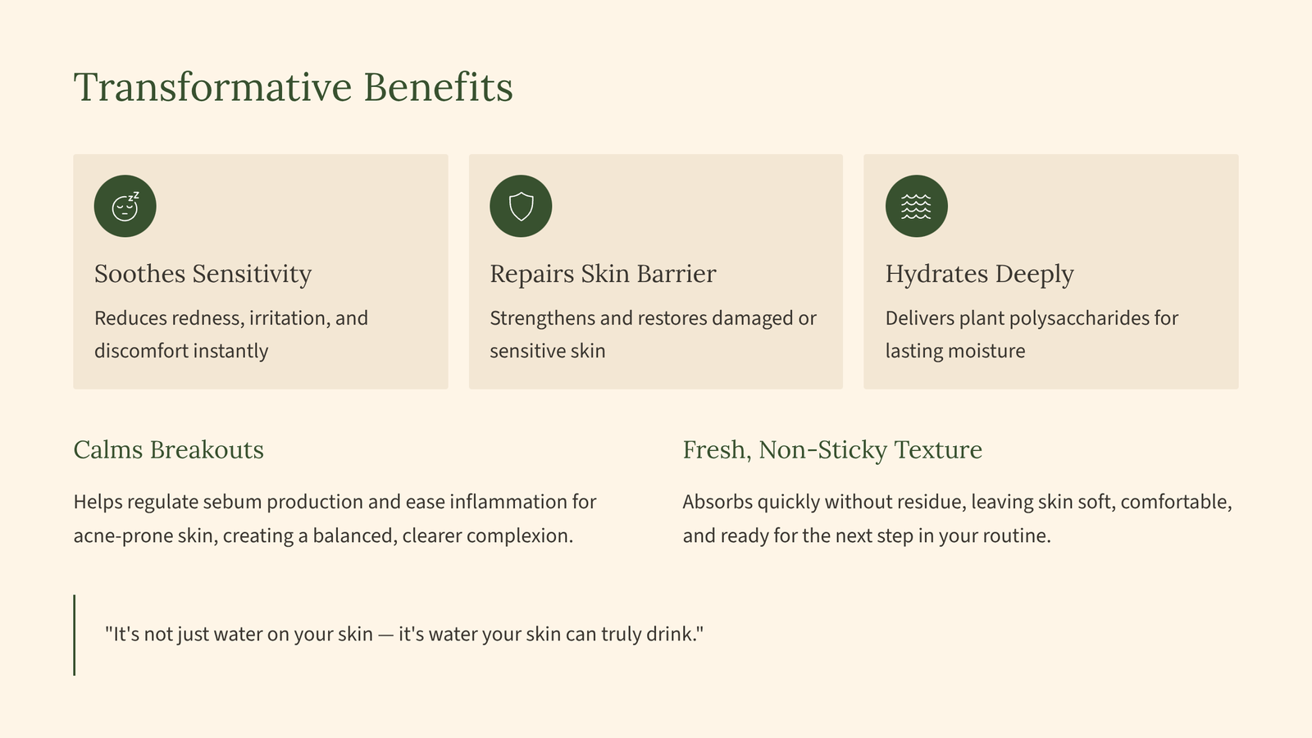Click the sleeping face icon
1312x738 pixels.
point(125,206)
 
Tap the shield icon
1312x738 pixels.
point(521,206)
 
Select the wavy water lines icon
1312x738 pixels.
point(916,206)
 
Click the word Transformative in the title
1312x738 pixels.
point(212,87)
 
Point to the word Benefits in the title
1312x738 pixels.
point(438,87)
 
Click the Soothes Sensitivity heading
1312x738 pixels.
point(203,274)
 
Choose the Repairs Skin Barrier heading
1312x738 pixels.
point(603,274)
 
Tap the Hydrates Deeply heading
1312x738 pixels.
point(979,274)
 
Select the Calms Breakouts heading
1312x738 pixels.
point(169,450)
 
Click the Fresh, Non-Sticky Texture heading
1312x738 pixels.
point(832,450)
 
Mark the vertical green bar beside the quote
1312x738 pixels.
point(75,635)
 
